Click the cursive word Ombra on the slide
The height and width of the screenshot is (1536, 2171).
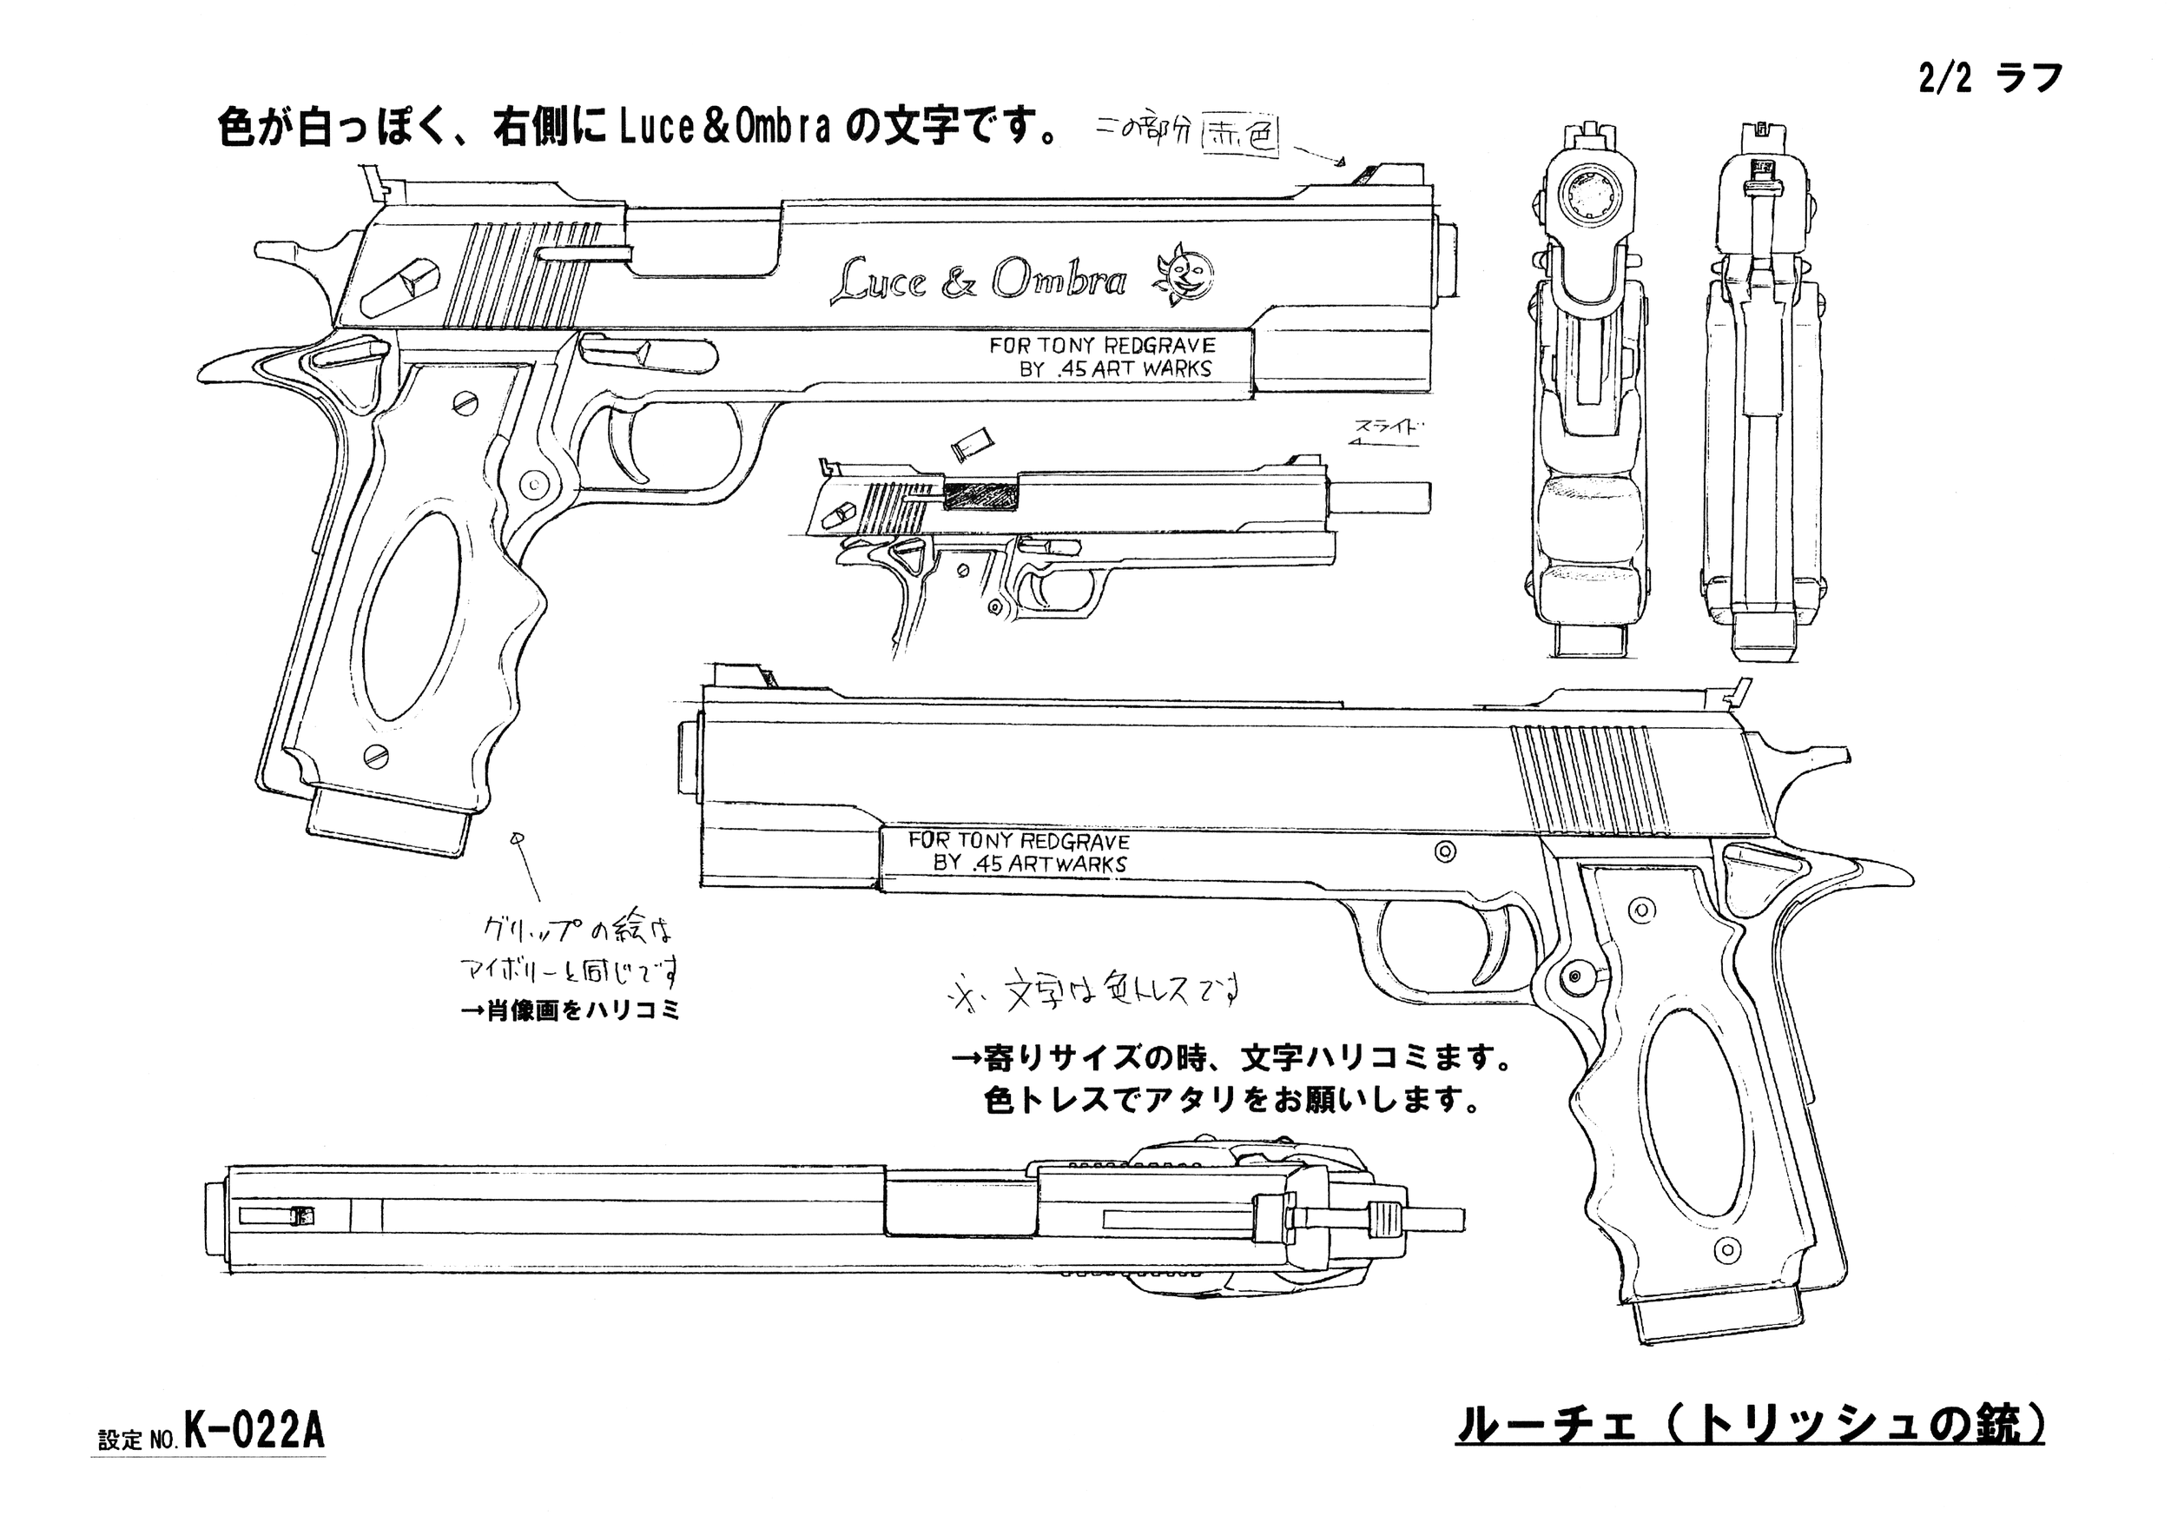click(x=1059, y=280)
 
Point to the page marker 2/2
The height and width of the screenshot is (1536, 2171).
click(x=1945, y=79)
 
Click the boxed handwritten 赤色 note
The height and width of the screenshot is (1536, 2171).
click(x=1239, y=139)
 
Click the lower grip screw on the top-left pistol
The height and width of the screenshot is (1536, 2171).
click(x=375, y=754)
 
